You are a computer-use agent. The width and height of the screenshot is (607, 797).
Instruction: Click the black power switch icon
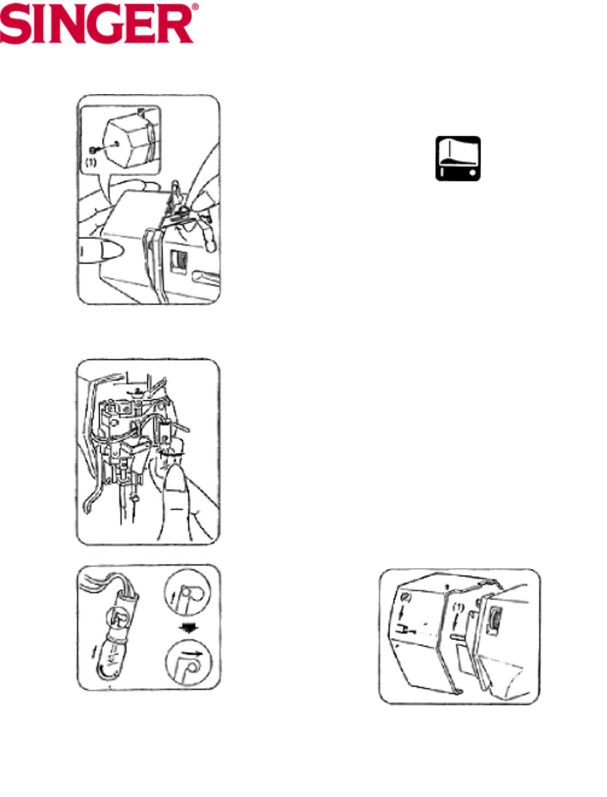(x=458, y=158)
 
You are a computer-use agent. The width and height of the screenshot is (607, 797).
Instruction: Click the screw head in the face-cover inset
(x=92, y=150)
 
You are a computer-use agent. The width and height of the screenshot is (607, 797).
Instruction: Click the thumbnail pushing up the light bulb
(x=177, y=489)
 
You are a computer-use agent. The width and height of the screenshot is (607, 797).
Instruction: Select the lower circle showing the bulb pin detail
(x=188, y=662)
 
